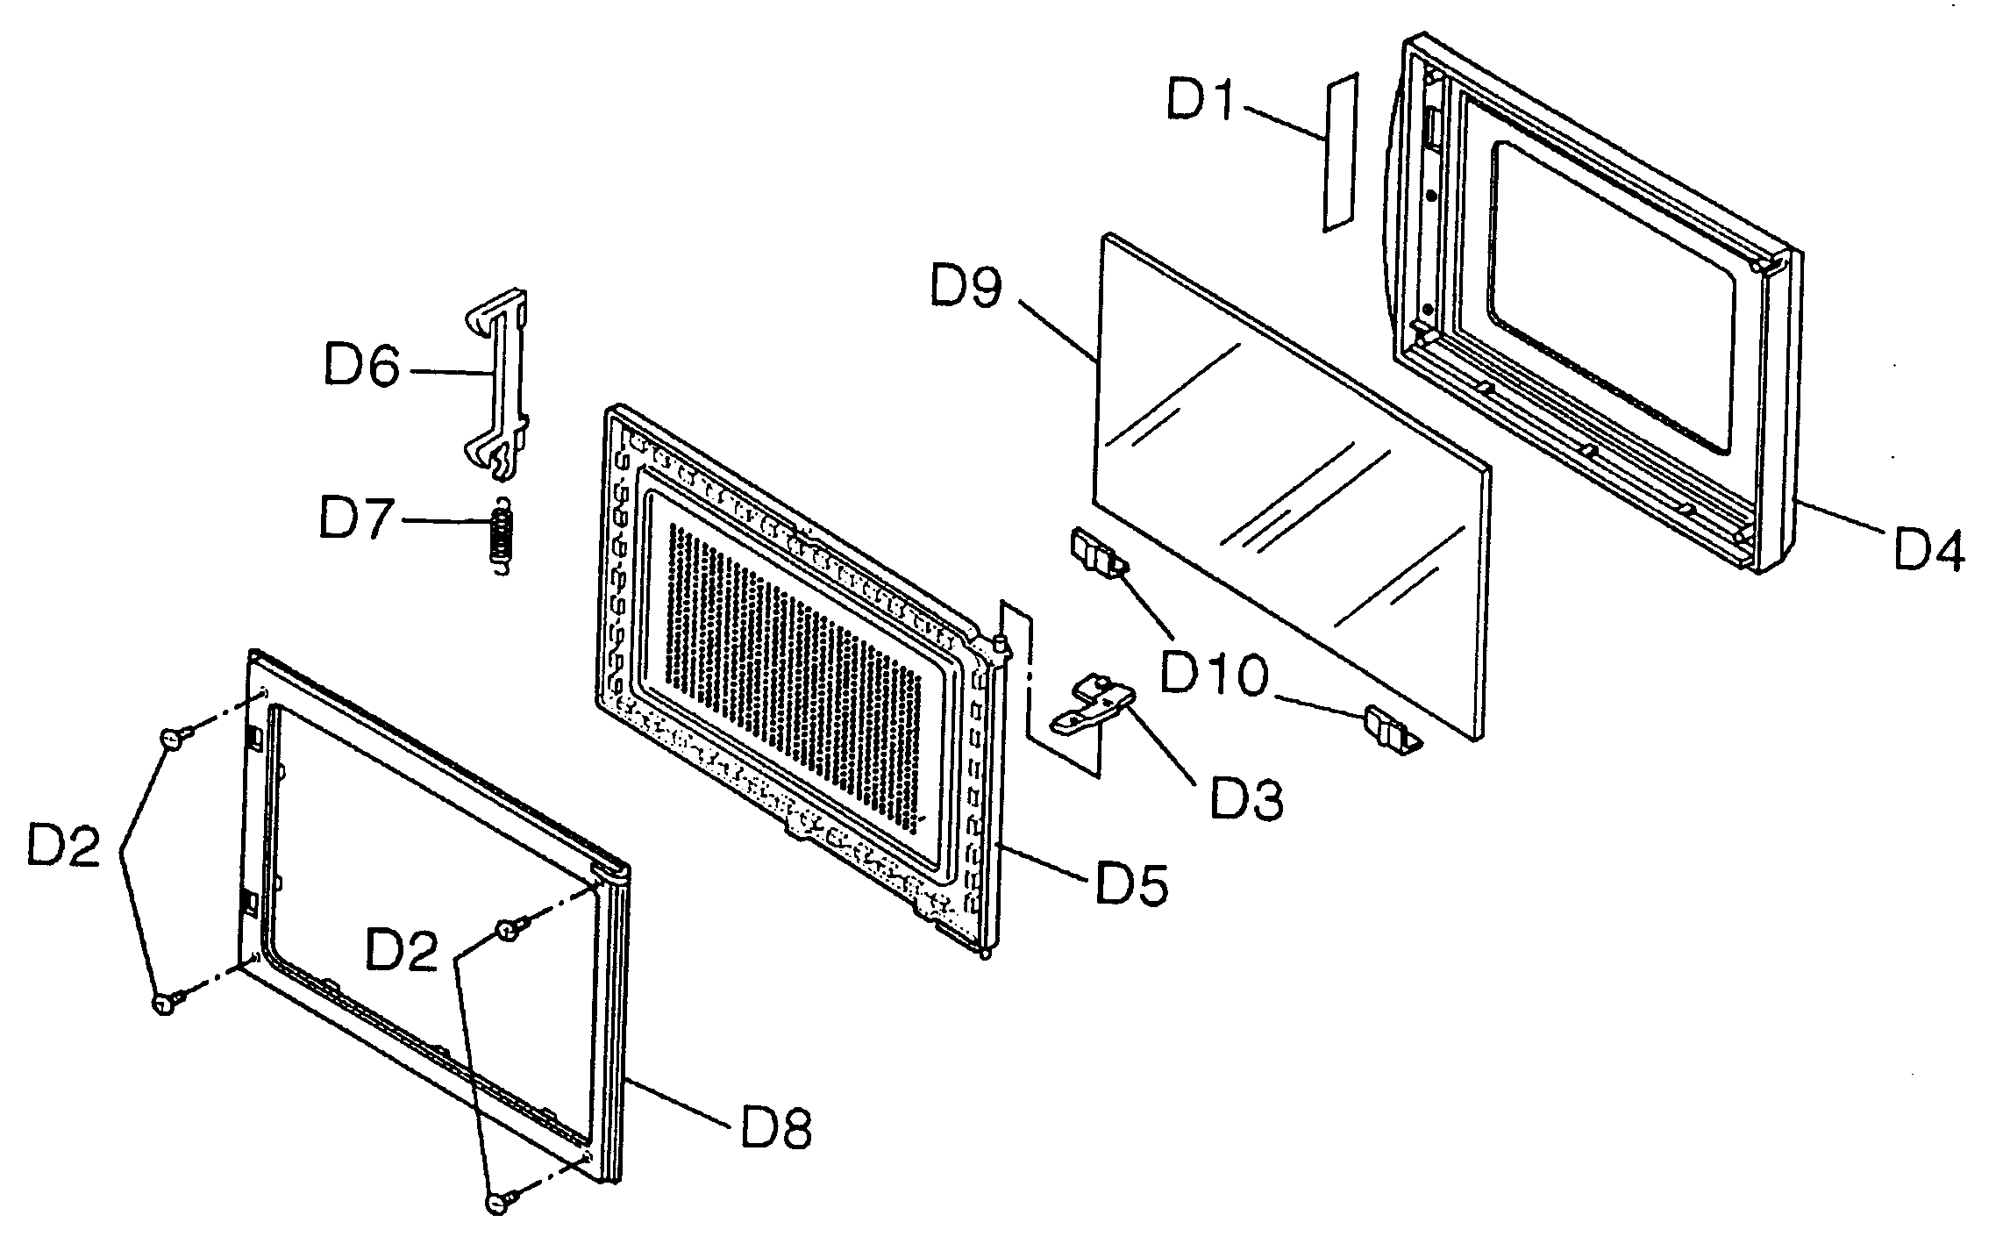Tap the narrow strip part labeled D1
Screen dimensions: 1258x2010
1339,154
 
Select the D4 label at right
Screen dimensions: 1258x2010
1928,550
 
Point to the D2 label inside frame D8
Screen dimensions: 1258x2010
402,950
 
